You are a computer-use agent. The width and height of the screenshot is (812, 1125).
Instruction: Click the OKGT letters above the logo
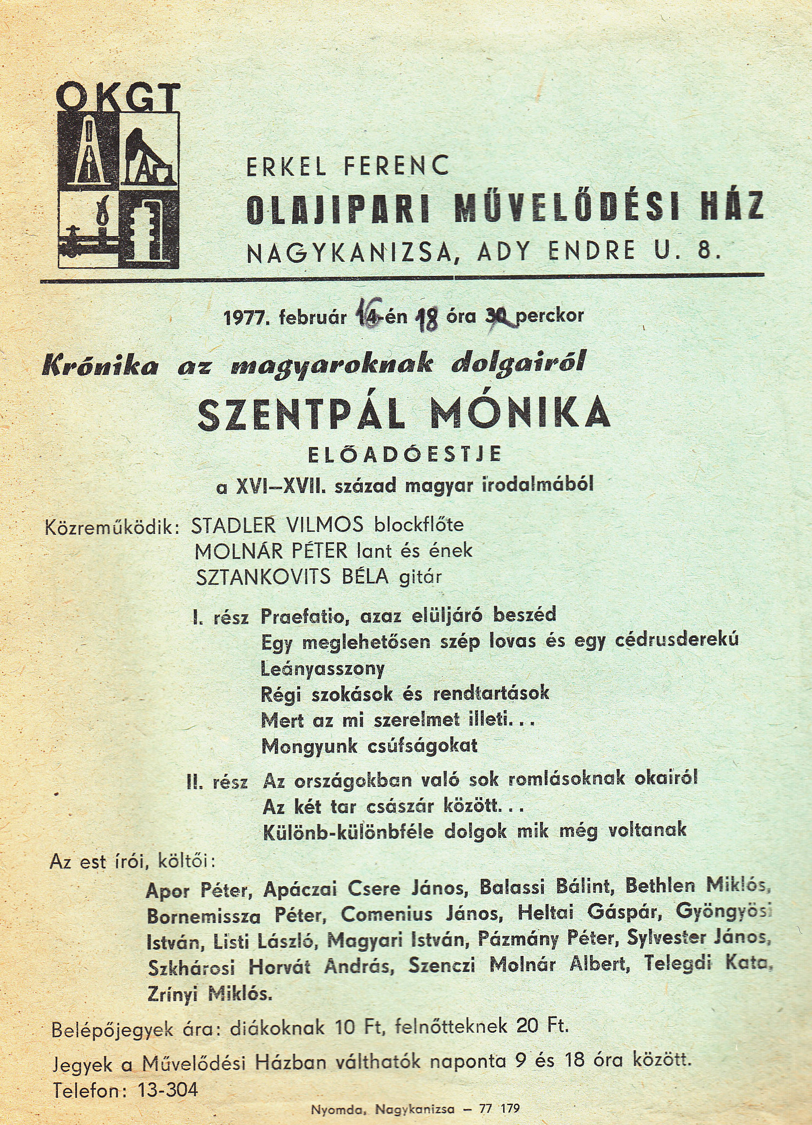pos(118,97)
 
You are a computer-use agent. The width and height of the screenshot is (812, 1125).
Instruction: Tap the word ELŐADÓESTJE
pos(405,455)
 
